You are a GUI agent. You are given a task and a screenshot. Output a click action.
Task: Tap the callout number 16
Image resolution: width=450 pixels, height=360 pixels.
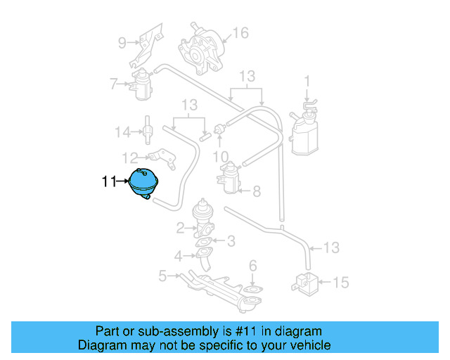240,32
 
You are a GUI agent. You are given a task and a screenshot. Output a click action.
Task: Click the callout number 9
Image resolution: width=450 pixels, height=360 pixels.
122,43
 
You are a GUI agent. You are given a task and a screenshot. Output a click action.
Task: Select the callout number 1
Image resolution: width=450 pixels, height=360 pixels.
307,81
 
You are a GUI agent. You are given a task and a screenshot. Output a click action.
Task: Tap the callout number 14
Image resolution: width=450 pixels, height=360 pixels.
123,131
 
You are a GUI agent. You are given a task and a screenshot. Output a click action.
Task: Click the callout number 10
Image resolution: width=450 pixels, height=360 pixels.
220,155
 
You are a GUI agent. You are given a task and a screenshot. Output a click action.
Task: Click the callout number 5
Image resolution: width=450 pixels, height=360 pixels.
162,276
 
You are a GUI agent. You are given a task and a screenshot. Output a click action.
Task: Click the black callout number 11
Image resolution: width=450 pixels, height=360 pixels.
108,182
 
